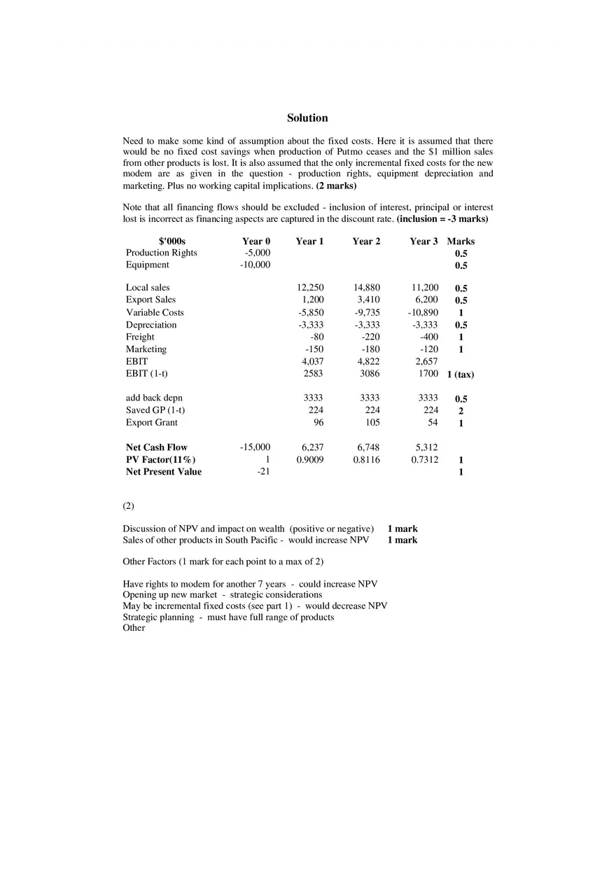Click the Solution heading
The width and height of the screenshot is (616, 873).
(307, 118)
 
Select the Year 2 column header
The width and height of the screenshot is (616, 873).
(366, 242)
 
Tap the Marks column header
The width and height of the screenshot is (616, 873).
(461, 242)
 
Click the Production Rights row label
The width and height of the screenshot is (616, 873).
(162, 253)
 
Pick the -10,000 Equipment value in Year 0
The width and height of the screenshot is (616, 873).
(255, 265)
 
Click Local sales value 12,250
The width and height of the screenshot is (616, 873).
(310, 288)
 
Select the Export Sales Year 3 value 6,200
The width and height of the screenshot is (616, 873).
(426, 300)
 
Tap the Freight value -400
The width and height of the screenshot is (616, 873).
(429, 337)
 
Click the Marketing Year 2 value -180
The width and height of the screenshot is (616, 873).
(370, 349)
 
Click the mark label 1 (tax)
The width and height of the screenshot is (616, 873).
(461, 375)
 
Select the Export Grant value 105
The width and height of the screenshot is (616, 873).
(372, 423)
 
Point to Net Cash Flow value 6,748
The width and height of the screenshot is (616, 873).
(368, 447)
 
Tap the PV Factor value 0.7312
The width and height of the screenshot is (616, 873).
(425, 460)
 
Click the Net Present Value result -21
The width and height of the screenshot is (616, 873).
(263, 472)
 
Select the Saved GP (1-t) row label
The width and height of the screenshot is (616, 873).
(155, 410)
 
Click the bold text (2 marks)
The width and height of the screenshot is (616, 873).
(336, 186)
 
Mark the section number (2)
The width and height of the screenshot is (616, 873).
(128, 505)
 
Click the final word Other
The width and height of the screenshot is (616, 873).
(134, 628)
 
